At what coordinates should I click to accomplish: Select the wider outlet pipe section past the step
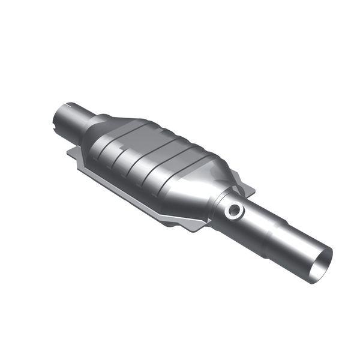[x=297, y=246]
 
